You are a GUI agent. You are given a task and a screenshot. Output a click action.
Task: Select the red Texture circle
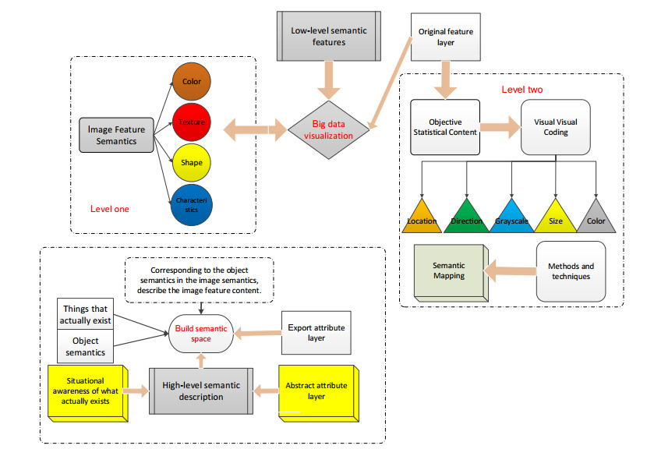(x=192, y=122)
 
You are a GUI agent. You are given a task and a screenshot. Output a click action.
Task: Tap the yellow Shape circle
(x=192, y=163)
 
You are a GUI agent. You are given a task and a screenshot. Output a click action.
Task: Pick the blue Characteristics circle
(x=192, y=205)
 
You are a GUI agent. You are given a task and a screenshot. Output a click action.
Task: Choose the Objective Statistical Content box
(x=446, y=126)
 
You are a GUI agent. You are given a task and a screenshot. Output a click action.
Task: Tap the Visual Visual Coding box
(x=555, y=126)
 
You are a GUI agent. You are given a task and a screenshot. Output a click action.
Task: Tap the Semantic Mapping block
(x=450, y=270)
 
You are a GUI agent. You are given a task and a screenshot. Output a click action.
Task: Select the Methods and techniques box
(x=571, y=270)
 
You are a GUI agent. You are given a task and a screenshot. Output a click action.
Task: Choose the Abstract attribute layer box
(x=316, y=390)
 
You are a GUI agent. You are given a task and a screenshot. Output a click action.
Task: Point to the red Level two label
(x=522, y=90)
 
